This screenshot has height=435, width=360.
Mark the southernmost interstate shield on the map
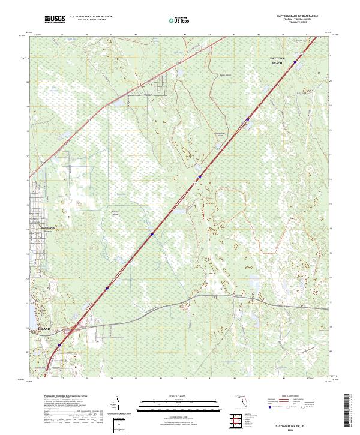click(x=60, y=344)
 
